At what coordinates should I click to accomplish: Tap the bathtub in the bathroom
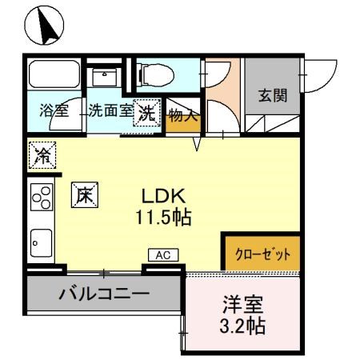pos(54,78)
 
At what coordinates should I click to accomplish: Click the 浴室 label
pos(54,111)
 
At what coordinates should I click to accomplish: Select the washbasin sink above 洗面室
pos(105,76)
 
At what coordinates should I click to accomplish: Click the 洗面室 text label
pos(110,111)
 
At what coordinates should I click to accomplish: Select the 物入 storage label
pos(182,115)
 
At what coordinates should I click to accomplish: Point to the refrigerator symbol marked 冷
pos(41,155)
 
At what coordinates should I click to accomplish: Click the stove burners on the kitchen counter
pos(41,196)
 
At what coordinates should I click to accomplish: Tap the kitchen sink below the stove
pos(41,238)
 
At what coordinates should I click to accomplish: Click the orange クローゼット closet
pos(262,254)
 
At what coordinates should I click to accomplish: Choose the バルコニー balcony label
pos(104,294)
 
